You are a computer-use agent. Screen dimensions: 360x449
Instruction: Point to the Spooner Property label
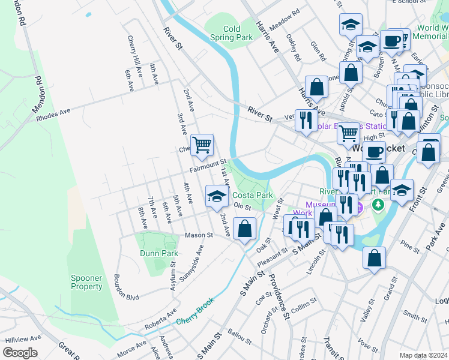click(x=86, y=282)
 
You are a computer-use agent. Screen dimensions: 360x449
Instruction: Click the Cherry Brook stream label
click(x=195, y=321)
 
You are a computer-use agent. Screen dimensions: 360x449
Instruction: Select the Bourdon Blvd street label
click(x=125, y=296)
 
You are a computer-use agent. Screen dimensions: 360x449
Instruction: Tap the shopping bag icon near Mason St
click(x=245, y=229)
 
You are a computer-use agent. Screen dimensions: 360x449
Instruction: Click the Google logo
click(x=20, y=353)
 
